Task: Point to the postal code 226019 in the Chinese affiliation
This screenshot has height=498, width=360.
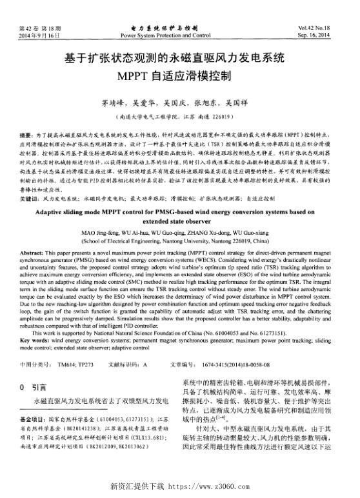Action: point(228,118)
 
